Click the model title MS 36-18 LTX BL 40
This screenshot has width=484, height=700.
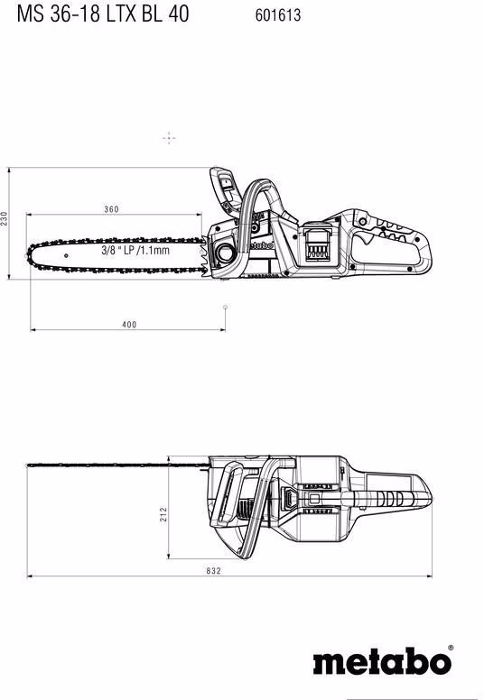point(103,14)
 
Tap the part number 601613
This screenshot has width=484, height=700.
point(278,15)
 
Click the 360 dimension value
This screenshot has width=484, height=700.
point(112,209)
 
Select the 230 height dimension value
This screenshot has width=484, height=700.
point(4,218)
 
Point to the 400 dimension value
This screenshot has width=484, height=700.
point(130,325)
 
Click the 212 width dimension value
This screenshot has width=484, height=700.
point(163,514)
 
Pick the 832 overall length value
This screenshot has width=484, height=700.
point(214,570)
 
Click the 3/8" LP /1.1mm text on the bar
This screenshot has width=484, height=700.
point(135,250)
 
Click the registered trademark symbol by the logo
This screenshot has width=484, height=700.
point(450,648)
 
